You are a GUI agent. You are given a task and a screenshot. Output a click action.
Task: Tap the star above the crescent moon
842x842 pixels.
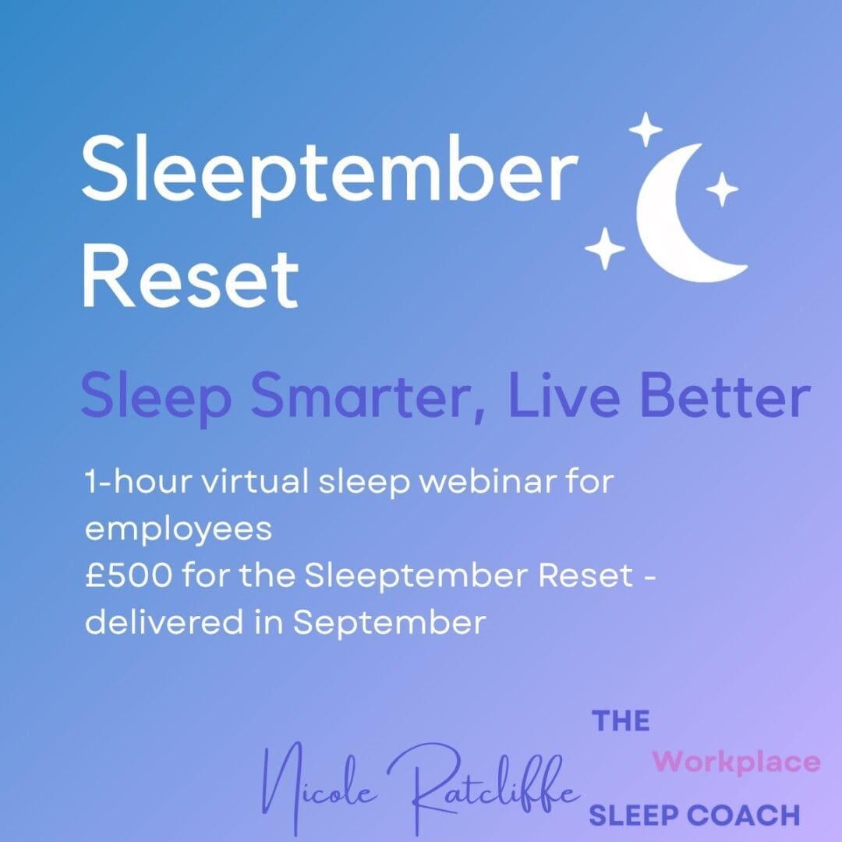646,129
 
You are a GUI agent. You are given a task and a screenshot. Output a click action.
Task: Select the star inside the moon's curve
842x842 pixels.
722,189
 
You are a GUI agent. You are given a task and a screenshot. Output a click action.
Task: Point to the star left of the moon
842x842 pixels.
605,248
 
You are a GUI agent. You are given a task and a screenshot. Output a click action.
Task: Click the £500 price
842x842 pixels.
129,575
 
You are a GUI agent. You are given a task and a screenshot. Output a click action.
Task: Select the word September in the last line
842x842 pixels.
389,624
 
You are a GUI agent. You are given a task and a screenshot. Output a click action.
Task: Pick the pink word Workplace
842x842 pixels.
736,762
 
